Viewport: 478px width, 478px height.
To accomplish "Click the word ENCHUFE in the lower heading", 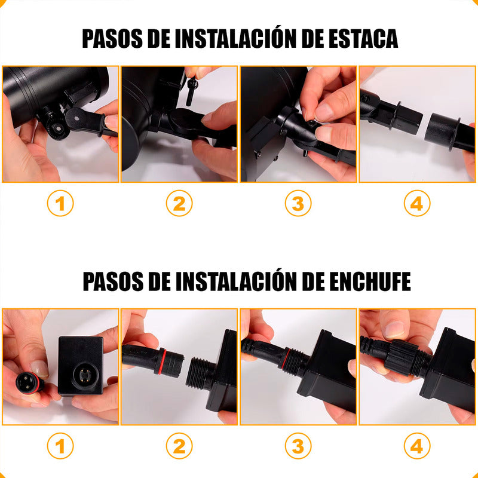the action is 370,281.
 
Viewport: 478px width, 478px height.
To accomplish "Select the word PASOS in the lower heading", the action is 113,281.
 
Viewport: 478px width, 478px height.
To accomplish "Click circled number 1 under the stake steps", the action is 60,203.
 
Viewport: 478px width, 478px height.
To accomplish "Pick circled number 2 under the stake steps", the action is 179,203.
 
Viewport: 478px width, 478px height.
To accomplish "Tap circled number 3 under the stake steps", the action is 298,203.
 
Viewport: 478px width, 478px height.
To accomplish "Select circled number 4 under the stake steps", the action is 417,203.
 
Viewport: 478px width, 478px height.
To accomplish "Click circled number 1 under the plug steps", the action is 60,446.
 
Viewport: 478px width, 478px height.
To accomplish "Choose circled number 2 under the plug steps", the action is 179,446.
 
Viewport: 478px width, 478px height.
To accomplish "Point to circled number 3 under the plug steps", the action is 298,446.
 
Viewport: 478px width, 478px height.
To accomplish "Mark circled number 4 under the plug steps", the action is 417,446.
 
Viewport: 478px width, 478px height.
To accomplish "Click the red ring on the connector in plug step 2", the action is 161,361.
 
